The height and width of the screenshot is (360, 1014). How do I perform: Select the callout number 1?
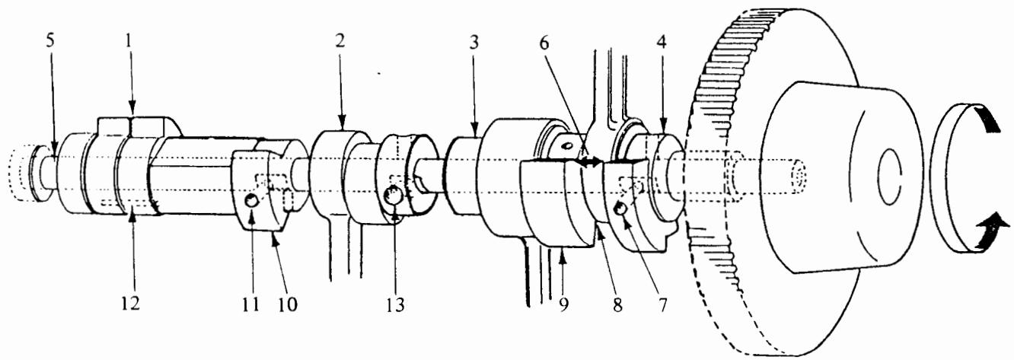click(129, 42)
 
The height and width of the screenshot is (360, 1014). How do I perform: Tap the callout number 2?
click(340, 41)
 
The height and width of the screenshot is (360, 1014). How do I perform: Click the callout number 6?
click(544, 43)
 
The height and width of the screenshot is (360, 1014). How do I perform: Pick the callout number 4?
click(662, 43)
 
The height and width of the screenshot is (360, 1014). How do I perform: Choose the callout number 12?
click(130, 302)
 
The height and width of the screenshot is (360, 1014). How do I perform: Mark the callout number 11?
click(250, 304)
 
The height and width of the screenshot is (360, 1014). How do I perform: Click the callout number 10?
click(288, 304)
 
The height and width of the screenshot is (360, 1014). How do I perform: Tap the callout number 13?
click(395, 304)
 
